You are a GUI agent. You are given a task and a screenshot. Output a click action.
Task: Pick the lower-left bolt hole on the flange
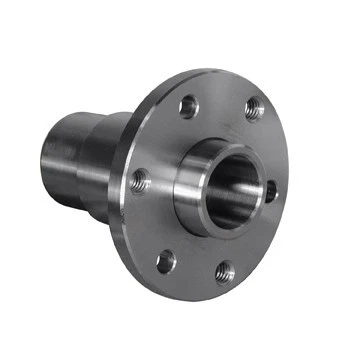(x=165, y=262)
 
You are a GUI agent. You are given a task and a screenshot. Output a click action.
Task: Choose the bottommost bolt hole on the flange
(x=225, y=271)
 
